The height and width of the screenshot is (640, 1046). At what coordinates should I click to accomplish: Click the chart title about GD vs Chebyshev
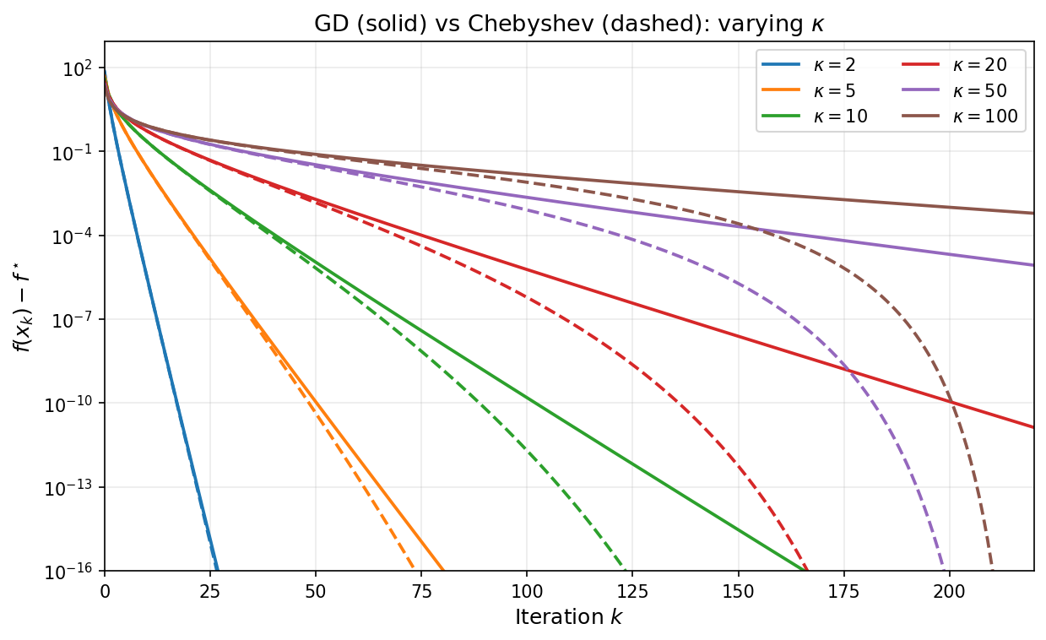[568, 24]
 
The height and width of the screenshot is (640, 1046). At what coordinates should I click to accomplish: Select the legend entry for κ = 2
[836, 63]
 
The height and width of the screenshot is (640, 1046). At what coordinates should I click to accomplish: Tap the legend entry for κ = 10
[839, 117]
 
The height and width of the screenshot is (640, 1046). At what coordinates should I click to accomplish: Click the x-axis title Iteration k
[568, 617]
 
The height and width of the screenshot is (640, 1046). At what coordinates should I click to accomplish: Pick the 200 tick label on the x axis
[949, 591]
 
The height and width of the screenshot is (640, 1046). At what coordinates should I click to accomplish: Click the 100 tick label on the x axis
[527, 591]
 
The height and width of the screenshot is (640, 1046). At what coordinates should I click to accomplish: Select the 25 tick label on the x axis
[210, 591]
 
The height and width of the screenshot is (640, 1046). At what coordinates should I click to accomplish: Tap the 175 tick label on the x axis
[843, 591]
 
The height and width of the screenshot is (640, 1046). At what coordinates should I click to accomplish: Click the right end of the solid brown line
[1033, 213]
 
